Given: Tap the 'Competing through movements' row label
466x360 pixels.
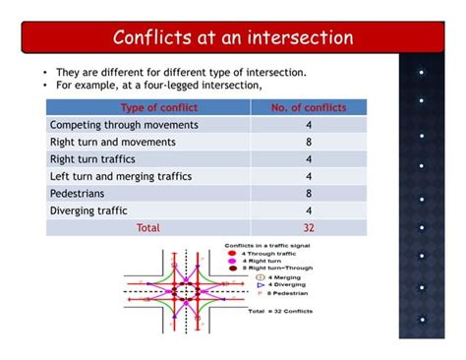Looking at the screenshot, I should click(x=123, y=125).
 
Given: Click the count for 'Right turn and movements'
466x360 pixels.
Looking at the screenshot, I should click(x=309, y=142).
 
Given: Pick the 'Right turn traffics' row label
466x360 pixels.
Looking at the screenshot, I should click(x=98, y=158).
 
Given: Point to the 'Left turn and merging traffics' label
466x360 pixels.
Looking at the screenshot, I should click(x=120, y=176).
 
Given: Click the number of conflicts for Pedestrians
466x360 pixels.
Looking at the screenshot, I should click(x=309, y=193).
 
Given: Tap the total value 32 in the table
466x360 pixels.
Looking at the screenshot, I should click(x=309, y=227).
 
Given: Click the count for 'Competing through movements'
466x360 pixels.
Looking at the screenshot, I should click(x=309, y=125).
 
